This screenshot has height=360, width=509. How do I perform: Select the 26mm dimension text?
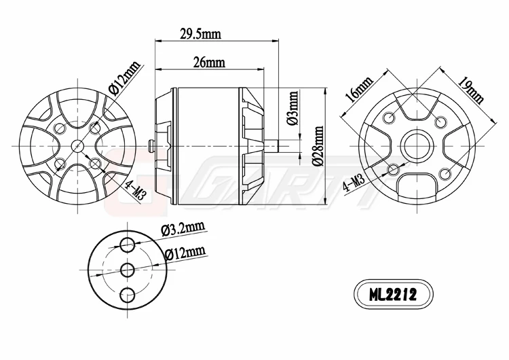[210, 62]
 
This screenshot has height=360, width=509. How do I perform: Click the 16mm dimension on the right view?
[359, 90]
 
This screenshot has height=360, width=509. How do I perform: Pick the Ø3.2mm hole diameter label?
[183, 228]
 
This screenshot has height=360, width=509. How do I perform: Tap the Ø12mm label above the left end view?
[124, 77]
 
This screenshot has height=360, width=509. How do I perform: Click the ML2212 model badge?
[392, 295]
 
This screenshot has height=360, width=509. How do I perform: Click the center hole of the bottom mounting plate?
[126, 270]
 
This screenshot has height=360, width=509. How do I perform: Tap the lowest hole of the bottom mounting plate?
[126, 294]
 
